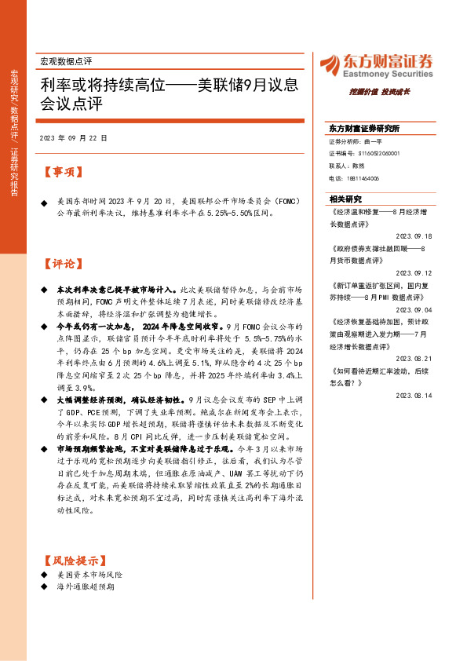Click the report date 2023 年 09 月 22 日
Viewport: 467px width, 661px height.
73,137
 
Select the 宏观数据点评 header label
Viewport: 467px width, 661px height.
66,60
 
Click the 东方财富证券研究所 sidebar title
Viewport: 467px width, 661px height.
364,128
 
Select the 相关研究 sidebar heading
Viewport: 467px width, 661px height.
345,199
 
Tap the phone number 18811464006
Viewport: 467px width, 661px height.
362,179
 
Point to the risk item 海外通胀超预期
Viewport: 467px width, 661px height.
86,586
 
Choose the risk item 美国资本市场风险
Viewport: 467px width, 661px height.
90,575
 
